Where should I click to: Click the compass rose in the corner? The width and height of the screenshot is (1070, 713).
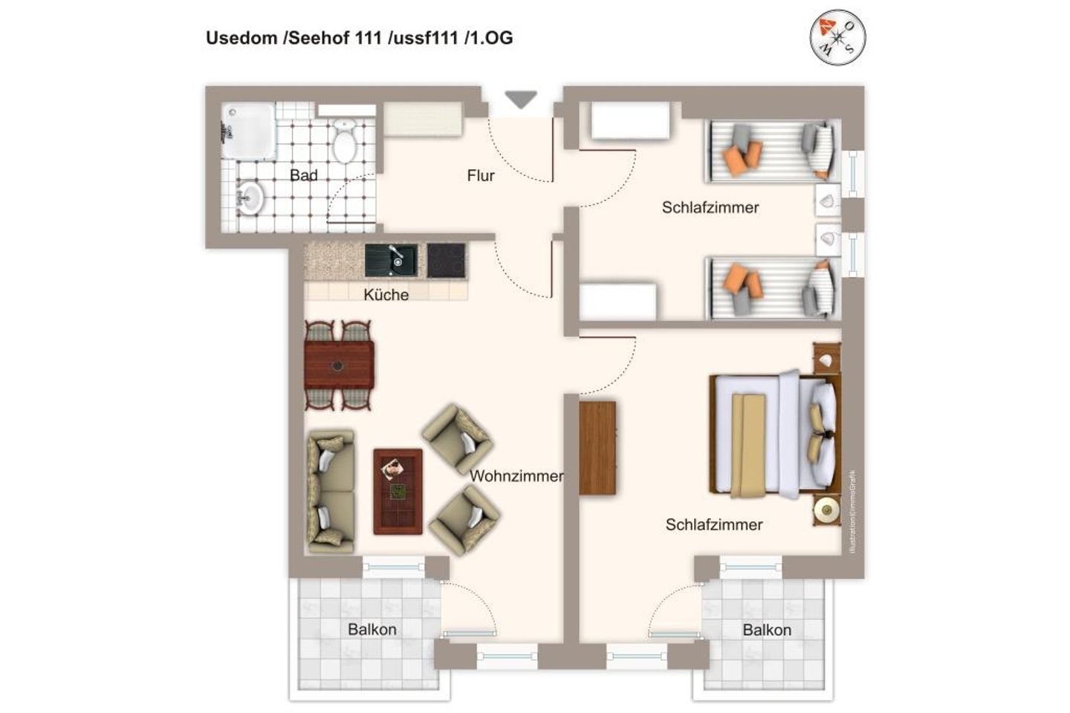tap(837, 36)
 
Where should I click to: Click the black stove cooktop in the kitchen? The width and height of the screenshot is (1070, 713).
tap(446, 261)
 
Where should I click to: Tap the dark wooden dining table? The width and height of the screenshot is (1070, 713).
tap(339, 365)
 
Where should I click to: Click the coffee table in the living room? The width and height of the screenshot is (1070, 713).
tap(398, 491)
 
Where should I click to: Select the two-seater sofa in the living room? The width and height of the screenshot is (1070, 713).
tap(330, 491)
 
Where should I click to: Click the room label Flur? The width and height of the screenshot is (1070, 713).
tap(481, 176)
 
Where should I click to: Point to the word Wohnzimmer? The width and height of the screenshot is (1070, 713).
tap(516, 476)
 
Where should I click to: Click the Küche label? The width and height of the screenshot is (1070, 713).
tap(386, 295)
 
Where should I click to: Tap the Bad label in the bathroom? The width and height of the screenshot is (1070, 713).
tap(303, 176)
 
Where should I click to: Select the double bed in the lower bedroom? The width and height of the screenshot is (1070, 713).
tap(773, 434)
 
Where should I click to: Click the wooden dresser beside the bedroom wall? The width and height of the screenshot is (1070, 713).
tap(597, 448)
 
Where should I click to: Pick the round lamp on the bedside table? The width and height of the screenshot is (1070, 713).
tap(825, 509)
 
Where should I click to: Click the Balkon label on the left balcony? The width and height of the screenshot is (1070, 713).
tap(372, 630)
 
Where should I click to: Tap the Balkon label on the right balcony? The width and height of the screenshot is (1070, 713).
tap(767, 631)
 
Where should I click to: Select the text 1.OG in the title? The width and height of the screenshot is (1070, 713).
tap(488, 38)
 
